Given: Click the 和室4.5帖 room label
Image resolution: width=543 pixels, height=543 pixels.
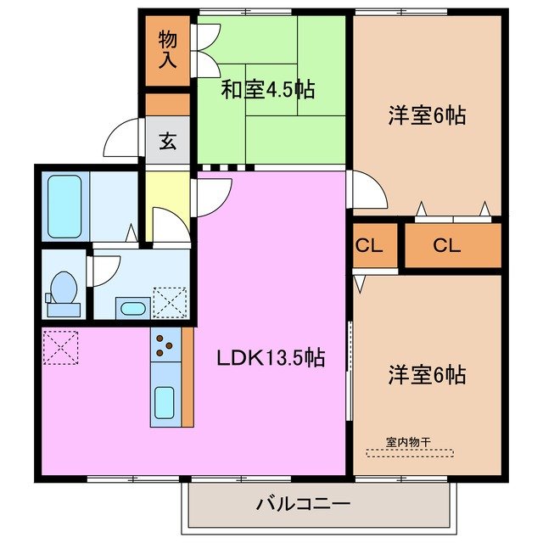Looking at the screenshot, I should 262,90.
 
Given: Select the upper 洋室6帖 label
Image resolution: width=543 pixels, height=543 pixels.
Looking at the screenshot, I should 428,116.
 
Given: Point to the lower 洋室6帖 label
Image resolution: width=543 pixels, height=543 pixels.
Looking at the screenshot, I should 428,373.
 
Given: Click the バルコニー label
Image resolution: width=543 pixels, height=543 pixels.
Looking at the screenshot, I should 303,505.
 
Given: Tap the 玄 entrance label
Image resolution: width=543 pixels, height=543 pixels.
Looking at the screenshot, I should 167,141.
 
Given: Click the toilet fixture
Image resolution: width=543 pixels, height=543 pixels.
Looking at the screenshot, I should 64,288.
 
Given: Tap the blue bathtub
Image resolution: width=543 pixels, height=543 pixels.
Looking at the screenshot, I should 64,206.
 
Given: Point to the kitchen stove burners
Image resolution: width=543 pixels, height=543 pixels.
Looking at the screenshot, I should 165,345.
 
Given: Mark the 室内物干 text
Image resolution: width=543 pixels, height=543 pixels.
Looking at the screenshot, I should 409,441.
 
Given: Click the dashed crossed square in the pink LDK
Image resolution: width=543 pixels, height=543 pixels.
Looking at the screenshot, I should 61,346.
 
